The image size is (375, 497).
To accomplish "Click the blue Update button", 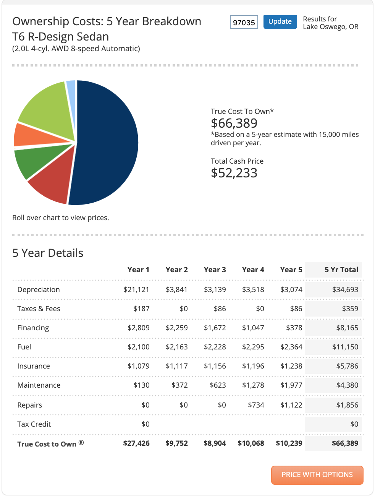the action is (280, 22).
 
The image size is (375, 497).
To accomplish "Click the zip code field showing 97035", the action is (244, 22).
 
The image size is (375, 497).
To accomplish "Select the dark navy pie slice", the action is (106, 143).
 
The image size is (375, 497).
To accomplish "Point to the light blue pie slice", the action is (71, 95).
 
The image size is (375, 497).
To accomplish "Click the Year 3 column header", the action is (215, 270).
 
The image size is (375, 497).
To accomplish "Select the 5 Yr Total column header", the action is (341, 270).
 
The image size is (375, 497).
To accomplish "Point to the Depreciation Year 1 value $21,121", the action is (136, 289).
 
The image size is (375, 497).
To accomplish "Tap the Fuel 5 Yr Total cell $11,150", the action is (345, 347).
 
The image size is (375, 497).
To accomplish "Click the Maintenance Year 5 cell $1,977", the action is (291, 385).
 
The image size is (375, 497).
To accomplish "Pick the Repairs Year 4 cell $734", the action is (256, 405).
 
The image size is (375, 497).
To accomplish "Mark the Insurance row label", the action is (34, 366).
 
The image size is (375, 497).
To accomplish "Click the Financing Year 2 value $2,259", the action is (177, 328).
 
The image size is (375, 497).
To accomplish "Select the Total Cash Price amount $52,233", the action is (234, 173).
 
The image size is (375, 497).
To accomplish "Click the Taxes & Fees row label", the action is (39, 309).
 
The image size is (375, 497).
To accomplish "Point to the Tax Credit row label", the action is (34, 424).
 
